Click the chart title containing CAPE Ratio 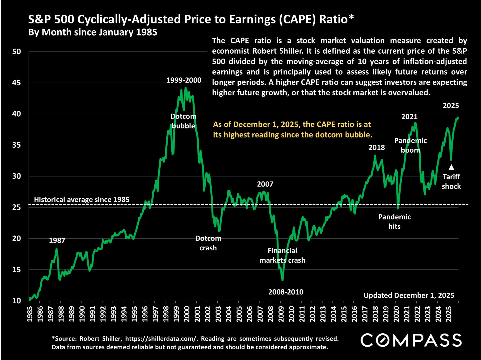191,19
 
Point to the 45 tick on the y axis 16,83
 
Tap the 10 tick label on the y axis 16,301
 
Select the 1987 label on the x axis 51,315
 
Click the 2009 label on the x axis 281,315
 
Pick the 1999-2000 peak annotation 184,80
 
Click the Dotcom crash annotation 208,243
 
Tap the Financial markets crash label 282,255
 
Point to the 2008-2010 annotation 286,292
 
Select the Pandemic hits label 394,222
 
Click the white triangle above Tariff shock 451,167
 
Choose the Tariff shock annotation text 451,181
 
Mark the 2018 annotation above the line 377,147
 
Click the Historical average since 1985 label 82,200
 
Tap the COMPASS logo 411,340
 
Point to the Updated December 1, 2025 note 409,295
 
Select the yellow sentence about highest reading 292,129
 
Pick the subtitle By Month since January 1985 93,32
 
